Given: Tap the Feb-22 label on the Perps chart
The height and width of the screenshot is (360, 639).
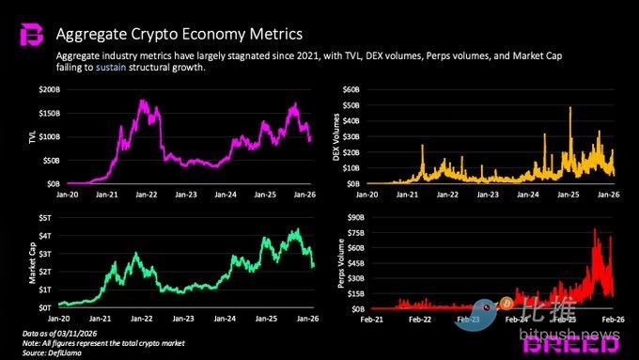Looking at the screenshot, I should coord(420,320).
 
